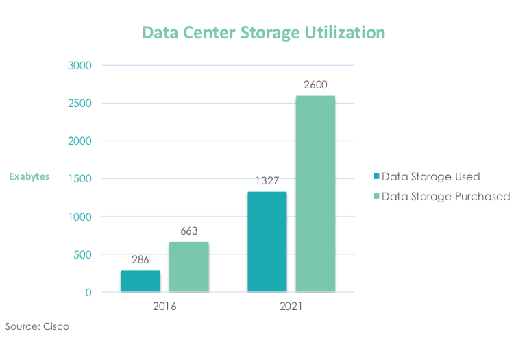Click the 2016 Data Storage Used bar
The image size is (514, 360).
(140, 281)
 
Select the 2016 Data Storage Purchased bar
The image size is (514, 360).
(188, 267)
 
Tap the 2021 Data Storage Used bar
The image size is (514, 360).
(267, 242)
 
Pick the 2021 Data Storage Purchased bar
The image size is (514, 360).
(315, 194)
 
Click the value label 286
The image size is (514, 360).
(140, 261)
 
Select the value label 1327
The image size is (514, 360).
(267, 182)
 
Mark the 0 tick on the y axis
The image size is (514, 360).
(88, 293)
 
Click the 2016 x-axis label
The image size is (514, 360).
(164, 307)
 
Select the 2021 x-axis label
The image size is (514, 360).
(291, 307)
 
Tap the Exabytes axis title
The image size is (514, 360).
(29, 177)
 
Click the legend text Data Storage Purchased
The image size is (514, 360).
(445, 196)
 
